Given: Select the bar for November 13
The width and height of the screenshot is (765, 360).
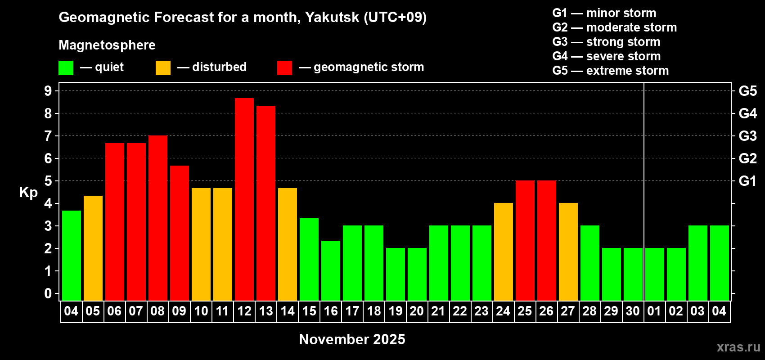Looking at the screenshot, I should click(266, 202).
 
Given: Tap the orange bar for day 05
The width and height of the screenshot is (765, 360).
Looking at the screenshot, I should click(93, 248).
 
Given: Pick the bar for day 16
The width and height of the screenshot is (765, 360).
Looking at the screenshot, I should click(331, 270).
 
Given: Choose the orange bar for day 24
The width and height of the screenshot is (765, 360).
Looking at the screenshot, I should click(504, 252).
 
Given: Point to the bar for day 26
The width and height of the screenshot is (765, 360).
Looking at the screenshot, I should click(547, 240).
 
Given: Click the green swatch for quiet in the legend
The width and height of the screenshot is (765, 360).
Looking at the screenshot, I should click(66, 68).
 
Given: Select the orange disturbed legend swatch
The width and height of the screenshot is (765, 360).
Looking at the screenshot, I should click(163, 68).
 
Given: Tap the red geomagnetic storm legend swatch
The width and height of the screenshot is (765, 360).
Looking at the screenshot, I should click(284, 68).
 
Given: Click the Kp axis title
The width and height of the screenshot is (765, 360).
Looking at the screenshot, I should click(28, 193).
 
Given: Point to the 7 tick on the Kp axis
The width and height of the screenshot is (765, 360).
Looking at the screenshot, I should click(48, 136).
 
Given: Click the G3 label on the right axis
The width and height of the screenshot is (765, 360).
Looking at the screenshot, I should click(747, 136).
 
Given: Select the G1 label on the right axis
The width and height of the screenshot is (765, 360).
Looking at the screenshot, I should click(747, 181).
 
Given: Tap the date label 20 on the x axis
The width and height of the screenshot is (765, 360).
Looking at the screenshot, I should click(417, 311).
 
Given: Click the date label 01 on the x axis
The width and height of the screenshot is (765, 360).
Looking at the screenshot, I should click(654, 311).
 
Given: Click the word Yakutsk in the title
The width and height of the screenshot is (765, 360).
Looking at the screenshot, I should click(332, 18).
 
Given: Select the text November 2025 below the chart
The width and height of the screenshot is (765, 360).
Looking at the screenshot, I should click(352, 339).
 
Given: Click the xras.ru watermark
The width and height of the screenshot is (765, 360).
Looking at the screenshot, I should click(738, 347).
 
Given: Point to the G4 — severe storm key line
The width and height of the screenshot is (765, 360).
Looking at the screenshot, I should click(607, 56).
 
